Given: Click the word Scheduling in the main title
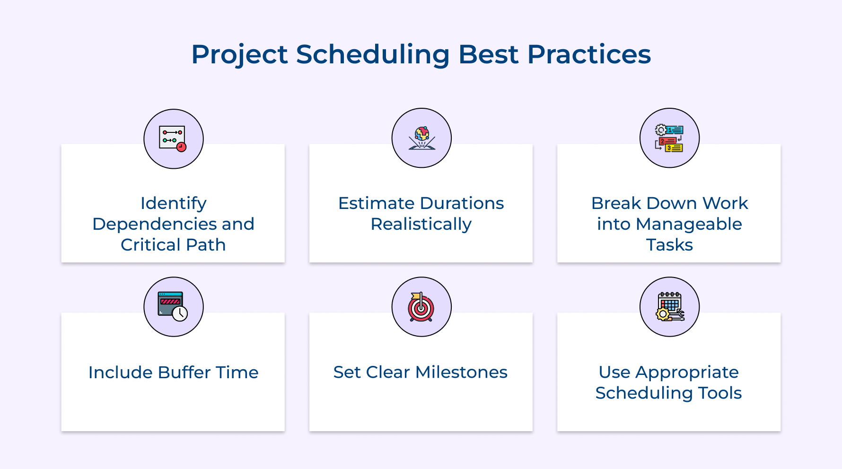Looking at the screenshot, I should click(x=372, y=54).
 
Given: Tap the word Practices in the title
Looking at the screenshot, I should click(x=589, y=54).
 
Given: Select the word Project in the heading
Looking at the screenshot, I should click(x=239, y=54).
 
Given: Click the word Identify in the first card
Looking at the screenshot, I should click(x=173, y=203).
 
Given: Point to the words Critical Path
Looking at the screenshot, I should click(x=173, y=245).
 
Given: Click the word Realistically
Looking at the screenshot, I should click(x=421, y=224).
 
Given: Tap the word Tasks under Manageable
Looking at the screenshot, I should click(x=669, y=245).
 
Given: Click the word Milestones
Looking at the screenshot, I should click(x=461, y=372).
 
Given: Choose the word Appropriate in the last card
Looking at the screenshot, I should click(x=687, y=372).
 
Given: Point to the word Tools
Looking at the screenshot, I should click(x=720, y=393).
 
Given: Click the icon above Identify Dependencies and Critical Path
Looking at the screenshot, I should click(x=173, y=139).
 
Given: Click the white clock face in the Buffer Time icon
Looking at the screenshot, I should click(x=180, y=313).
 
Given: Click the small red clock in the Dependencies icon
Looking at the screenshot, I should click(x=181, y=147).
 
